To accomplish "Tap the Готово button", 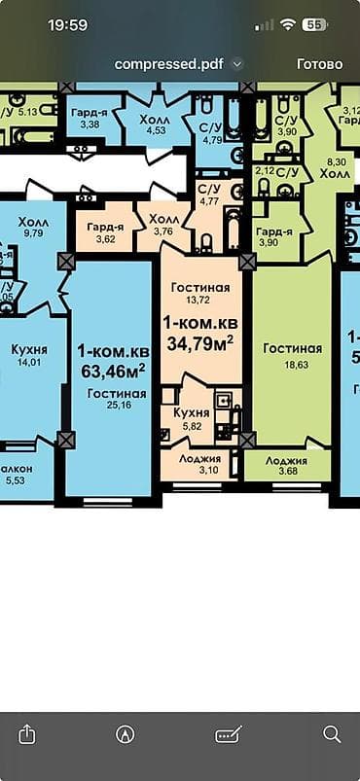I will point(319,64).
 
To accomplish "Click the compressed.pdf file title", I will point(170,64).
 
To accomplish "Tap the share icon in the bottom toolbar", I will point(27,733).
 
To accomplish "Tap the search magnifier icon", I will point(332,733).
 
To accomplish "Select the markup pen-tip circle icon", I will point(125,733).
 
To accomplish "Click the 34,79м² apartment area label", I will point(199,333).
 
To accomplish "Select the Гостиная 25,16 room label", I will point(117,400).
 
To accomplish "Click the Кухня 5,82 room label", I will point(192,419).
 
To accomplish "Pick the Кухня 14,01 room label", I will point(30,355).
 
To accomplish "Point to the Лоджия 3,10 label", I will point(199,464).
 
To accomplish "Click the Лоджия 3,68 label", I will point(286,466).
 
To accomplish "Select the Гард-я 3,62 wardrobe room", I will point(103,231).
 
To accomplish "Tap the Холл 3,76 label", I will point(162,226).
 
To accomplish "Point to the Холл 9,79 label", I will point(33,228).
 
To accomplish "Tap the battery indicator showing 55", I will point(314,24).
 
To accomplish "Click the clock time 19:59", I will point(67,24).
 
